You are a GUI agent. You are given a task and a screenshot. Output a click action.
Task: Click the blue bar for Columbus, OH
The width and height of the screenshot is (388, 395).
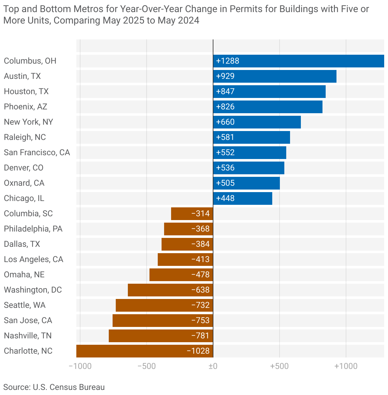click(x=298, y=61)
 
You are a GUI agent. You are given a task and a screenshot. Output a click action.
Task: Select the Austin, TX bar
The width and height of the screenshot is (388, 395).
click(x=274, y=76)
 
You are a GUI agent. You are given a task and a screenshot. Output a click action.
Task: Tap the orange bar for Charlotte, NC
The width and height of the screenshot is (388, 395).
click(x=145, y=351)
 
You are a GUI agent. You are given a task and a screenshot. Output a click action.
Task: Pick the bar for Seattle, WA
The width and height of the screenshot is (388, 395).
click(x=164, y=305)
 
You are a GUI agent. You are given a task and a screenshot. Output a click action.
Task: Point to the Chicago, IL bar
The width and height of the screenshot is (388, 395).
click(x=242, y=198)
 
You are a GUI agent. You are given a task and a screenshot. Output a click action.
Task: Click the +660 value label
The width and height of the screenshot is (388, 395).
click(x=225, y=122)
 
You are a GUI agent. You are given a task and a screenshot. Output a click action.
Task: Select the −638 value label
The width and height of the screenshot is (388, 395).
click(x=200, y=290)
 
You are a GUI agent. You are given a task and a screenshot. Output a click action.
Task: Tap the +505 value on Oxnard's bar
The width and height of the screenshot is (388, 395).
click(x=225, y=183)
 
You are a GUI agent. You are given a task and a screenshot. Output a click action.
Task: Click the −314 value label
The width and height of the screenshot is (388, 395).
click(x=200, y=214)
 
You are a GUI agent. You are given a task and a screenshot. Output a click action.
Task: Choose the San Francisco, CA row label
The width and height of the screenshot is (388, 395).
click(x=37, y=153)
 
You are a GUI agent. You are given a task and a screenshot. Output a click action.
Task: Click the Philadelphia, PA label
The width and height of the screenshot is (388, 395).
click(x=33, y=229)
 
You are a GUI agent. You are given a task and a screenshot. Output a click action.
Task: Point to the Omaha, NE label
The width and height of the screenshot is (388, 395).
click(x=24, y=275)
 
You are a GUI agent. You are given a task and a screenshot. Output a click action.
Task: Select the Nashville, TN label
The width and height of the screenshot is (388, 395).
click(x=28, y=336)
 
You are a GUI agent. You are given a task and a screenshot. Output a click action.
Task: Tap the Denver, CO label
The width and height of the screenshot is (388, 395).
click(x=24, y=168)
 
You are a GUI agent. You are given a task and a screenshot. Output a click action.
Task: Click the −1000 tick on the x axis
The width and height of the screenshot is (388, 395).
click(x=80, y=366)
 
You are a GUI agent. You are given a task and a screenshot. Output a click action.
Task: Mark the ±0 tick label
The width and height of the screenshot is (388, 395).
click(x=213, y=366)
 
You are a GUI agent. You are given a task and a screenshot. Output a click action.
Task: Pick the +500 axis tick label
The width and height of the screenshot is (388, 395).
click(x=279, y=366)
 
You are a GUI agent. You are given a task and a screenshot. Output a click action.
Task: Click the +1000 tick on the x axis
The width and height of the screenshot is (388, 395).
click(x=346, y=366)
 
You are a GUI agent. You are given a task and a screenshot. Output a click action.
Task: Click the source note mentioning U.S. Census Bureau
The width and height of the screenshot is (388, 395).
click(x=54, y=387)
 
